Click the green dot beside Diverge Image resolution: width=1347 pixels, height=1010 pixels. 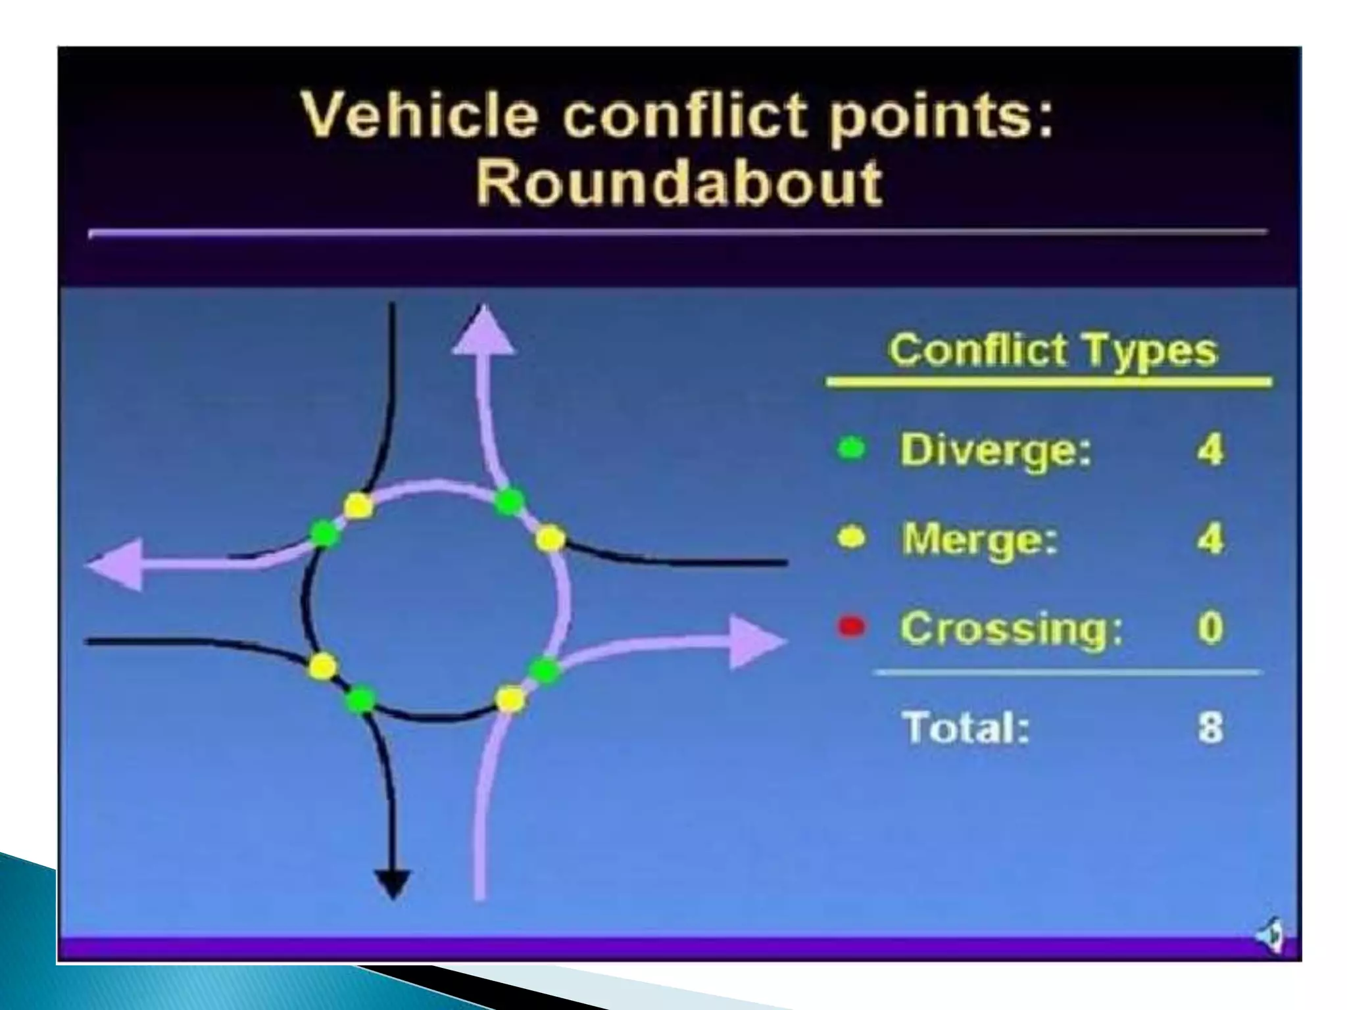click(852, 450)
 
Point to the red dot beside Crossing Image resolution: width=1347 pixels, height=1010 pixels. click(851, 627)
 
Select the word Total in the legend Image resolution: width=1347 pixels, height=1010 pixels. click(966, 727)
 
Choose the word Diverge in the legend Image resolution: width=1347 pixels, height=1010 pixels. click(995, 450)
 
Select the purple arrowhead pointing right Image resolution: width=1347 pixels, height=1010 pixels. click(756, 641)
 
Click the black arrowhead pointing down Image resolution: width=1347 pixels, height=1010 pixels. click(393, 883)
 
